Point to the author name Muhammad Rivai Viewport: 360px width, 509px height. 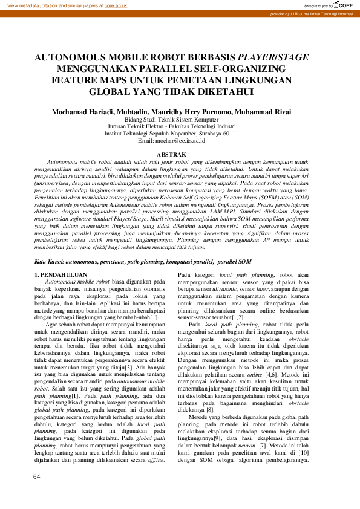tap(265, 112)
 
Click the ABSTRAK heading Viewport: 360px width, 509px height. tap(180, 155)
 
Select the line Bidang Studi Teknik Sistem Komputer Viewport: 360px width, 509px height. tap(180, 119)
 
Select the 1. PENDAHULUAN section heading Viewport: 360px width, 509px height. tap(63, 275)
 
